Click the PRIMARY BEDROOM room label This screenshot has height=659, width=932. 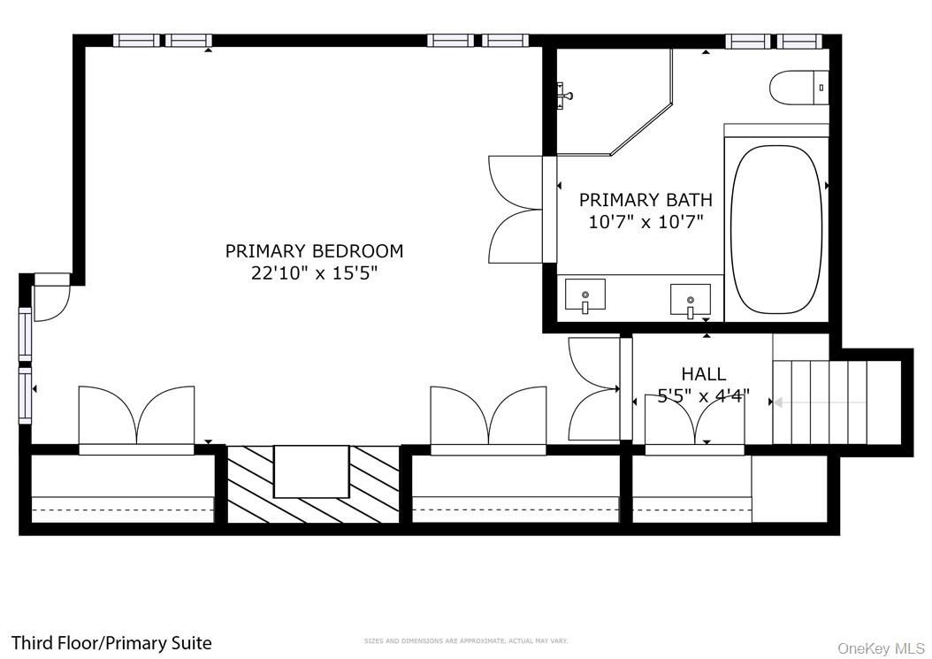314,251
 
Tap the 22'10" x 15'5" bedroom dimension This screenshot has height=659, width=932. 314,273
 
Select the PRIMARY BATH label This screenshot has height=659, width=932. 645,200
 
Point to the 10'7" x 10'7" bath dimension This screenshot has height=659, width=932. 645,221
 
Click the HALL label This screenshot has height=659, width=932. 703,374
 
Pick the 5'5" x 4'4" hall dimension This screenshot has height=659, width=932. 703,395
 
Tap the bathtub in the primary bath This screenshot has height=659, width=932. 776,229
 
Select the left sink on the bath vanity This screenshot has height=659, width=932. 584,295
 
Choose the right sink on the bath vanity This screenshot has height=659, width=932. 690,300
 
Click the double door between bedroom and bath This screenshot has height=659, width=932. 517,210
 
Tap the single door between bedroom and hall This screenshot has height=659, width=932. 594,389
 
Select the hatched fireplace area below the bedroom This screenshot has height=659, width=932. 313,484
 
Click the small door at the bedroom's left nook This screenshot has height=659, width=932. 52,298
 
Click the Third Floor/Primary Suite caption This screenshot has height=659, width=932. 111,643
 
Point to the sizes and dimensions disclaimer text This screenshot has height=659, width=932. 466,640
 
